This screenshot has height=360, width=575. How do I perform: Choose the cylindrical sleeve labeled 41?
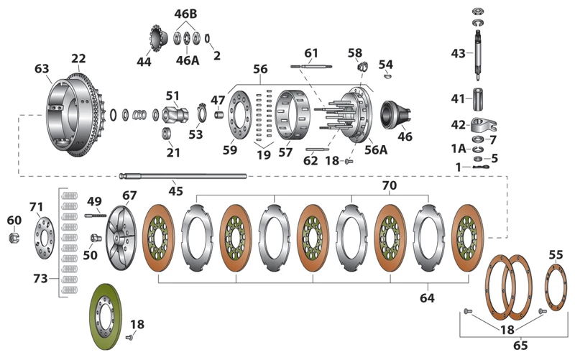pyautogui.click(x=478, y=98)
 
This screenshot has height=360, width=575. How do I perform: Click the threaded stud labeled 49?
pyautogui.click(x=96, y=215)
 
